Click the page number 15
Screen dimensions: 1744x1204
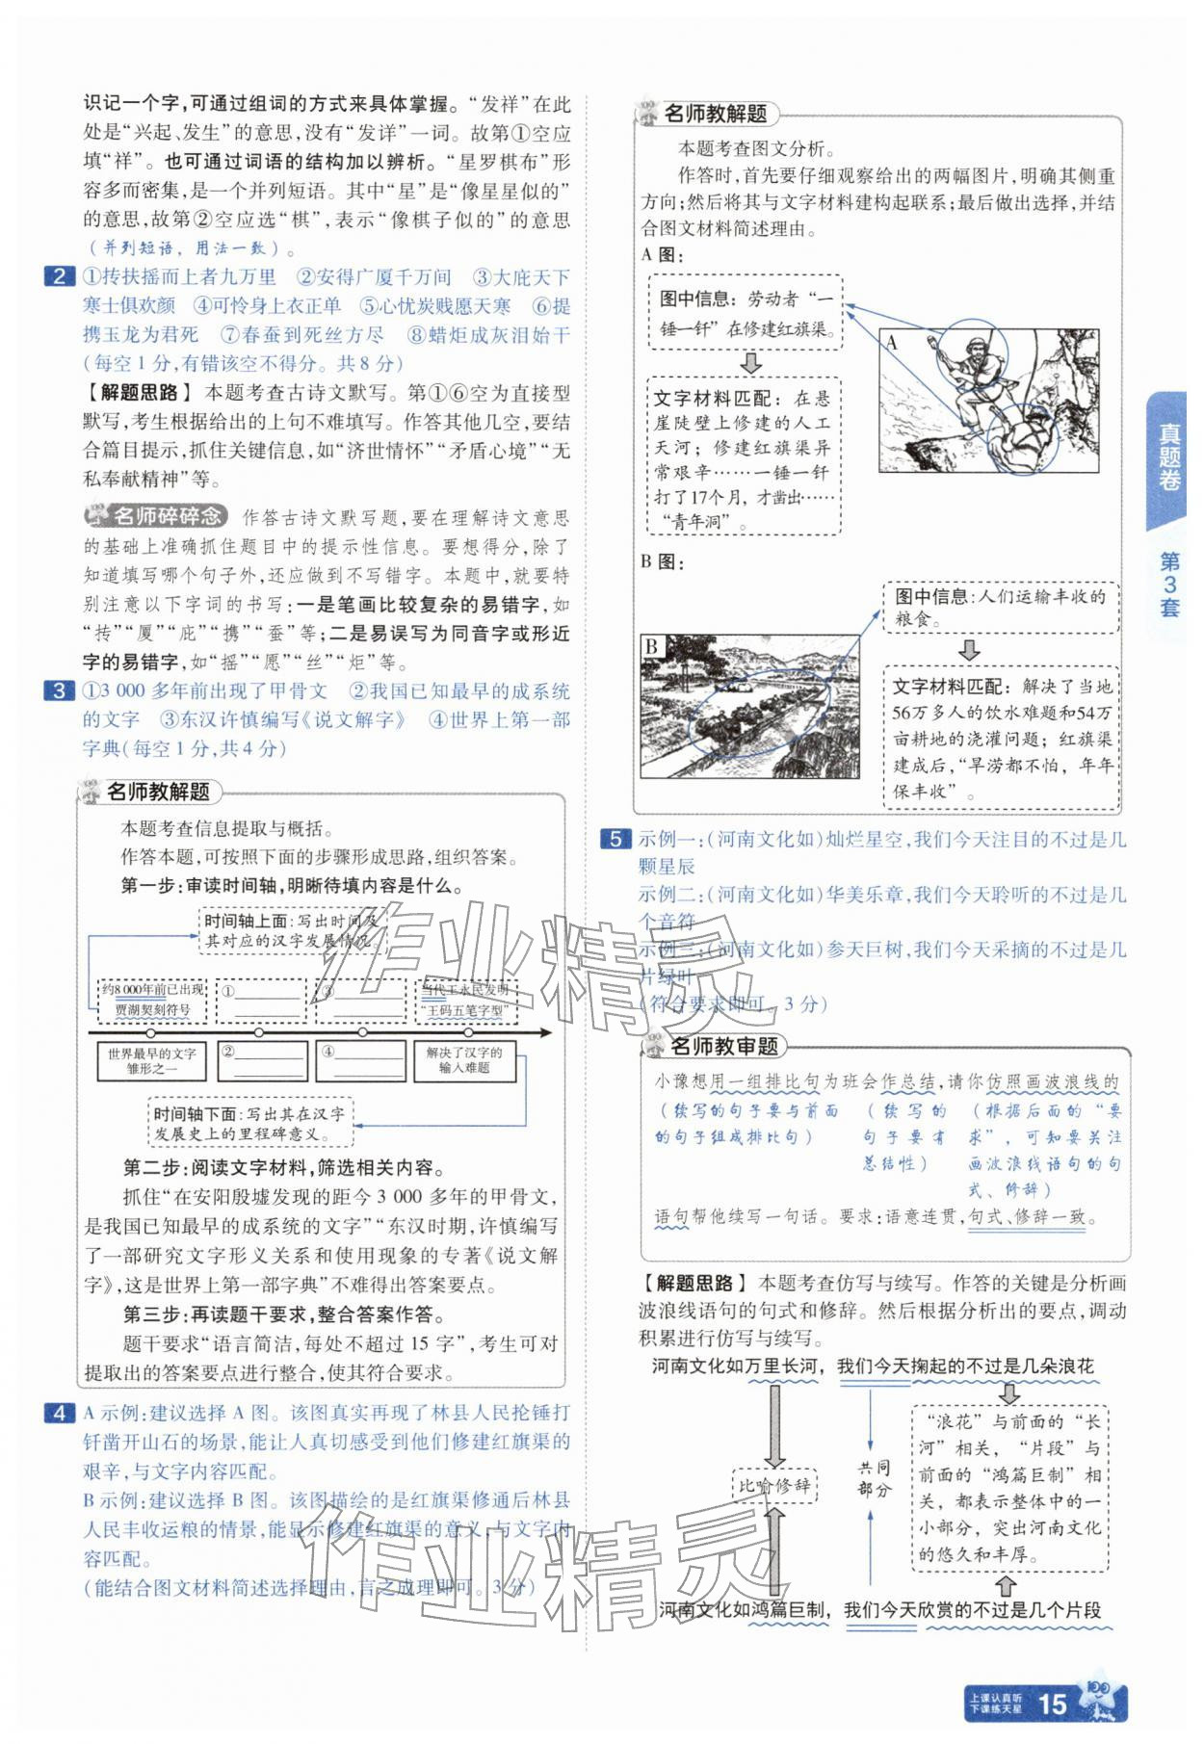1051,1705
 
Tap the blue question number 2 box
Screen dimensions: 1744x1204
59,277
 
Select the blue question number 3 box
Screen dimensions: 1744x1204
59,690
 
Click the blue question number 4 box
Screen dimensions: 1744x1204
59,1413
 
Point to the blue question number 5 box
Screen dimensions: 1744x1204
615,839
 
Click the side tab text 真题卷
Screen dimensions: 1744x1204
1168,457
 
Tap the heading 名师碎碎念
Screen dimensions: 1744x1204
157,517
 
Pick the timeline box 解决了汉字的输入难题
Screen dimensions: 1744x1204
464,1060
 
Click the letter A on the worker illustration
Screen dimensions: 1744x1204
892,342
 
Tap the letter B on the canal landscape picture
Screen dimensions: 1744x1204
653,646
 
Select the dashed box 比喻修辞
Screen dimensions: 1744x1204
773,1485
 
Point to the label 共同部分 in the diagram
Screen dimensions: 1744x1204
873,1478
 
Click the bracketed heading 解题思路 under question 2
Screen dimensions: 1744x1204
135,392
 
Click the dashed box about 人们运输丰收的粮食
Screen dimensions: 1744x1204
1002,608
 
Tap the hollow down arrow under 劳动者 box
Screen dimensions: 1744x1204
749,364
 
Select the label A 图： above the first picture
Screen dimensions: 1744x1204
662,255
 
